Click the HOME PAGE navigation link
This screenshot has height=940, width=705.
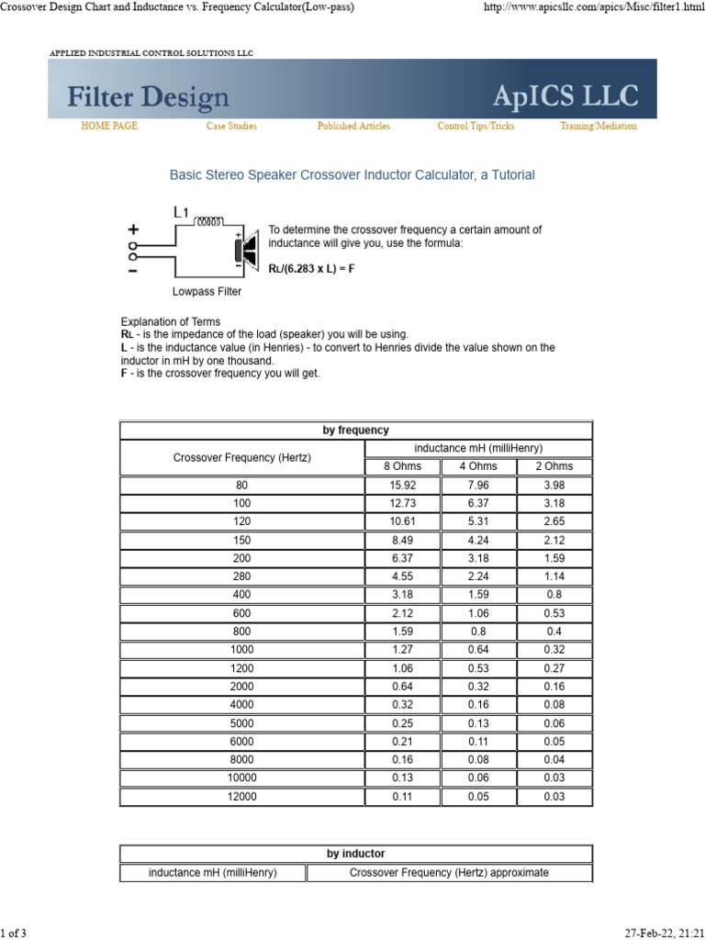click(x=109, y=127)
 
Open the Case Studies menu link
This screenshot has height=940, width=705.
click(x=231, y=127)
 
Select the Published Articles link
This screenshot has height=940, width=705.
click(x=353, y=127)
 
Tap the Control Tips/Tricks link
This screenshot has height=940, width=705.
click(x=476, y=127)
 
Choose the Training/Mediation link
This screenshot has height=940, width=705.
click(x=598, y=127)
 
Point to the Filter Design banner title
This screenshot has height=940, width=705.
click(x=148, y=97)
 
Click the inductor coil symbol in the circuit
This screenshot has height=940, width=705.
click(x=209, y=221)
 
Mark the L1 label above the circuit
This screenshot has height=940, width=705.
click(x=181, y=212)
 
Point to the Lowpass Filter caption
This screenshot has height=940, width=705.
click(x=207, y=292)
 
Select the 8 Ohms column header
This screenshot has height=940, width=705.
click(x=402, y=466)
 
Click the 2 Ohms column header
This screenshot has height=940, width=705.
click(x=554, y=466)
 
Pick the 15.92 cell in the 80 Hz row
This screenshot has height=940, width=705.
click(x=402, y=485)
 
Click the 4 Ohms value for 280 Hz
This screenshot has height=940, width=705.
click(x=478, y=576)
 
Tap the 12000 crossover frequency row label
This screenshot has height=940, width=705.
click(x=242, y=797)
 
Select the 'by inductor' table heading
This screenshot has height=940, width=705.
click(x=356, y=854)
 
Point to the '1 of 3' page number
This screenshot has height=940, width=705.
click(x=14, y=933)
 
